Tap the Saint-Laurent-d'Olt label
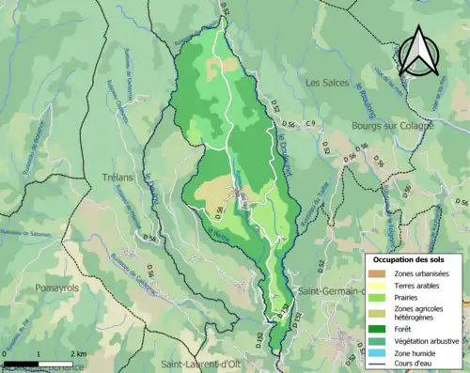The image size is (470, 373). (197, 364)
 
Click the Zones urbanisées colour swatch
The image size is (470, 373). (378, 272)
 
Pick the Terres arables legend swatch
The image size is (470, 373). (378, 285)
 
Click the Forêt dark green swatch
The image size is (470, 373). (378, 329)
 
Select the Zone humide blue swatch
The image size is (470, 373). (378, 354)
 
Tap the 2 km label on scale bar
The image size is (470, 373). (79, 353)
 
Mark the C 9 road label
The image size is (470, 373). (310, 125)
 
